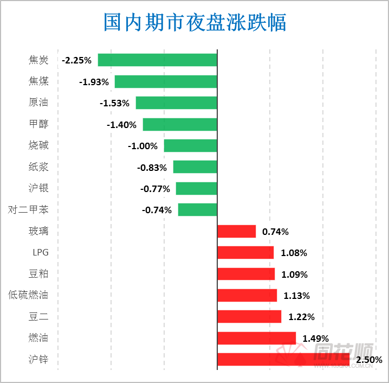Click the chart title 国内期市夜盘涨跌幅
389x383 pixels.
click(x=194, y=23)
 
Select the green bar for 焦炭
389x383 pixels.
click(x=157, y=60)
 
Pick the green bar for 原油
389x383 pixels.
click(x=176, y=103)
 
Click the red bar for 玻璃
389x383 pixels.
click(x=236, y=231)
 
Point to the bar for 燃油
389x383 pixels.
click(x=256, y=338)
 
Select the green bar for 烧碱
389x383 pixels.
click(x=190, y=145)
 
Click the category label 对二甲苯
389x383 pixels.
click(x=28, y=209)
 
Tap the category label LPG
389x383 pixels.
click(x=40, y=252)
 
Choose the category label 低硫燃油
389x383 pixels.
click(x=28, y=295)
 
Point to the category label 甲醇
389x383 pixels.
click(x=38, y=124)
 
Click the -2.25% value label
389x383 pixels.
click(x=76, y=60)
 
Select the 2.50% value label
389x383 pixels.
click(x=369, y=360)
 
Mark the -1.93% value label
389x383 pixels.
click(x=94, y=82)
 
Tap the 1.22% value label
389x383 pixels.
click(x=301, y=317)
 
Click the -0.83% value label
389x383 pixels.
click(x=152, y=168)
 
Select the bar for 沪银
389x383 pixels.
click(x=196, y=188)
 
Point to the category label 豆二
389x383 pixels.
click(x=38, y=316)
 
